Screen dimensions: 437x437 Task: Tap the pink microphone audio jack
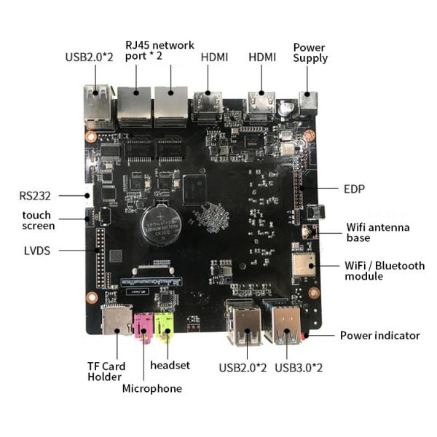coord(143,326)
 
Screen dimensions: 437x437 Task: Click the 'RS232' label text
coord(35,196)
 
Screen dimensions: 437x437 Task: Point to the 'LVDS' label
coord(37,251)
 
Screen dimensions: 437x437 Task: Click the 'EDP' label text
coord(354,189)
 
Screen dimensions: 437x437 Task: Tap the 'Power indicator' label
coord(380,336)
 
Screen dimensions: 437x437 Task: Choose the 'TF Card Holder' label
coord(106,371)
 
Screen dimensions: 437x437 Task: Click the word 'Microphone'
coord(152,388)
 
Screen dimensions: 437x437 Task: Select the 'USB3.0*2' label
coord(299,368)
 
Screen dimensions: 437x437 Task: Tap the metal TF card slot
coord(117,320)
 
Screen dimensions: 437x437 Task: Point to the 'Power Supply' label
coord(310,52)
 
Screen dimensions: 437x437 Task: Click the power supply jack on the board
coord(308,103)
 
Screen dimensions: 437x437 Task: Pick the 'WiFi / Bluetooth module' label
coord(385,271)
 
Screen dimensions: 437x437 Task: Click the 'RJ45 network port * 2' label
coord(160,50)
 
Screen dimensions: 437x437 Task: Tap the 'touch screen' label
coord(38,221)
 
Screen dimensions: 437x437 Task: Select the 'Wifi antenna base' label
coord(378,232)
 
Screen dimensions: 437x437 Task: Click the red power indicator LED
coord(304,335)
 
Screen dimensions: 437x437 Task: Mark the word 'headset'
coord(170,365)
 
